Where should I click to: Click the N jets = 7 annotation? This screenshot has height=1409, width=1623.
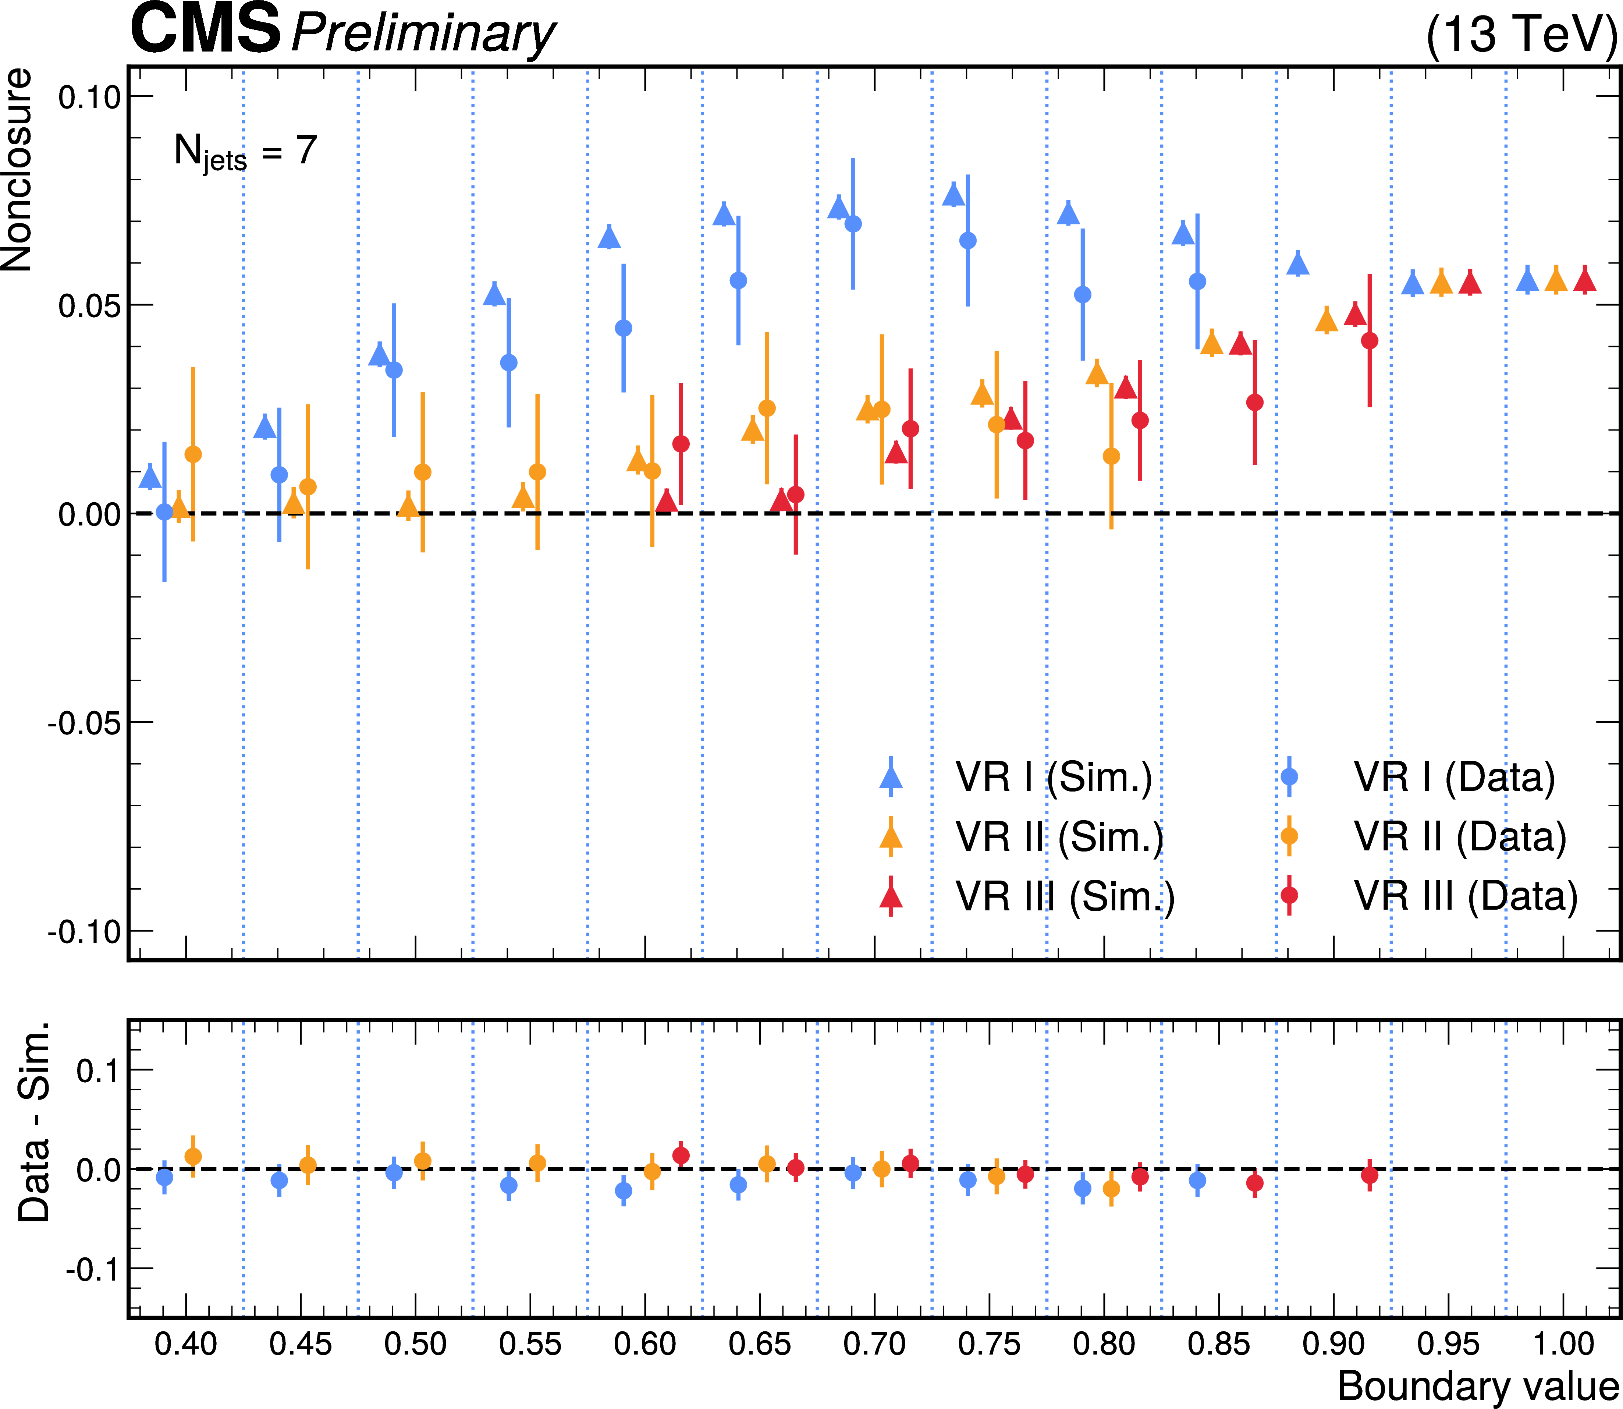point(245,151)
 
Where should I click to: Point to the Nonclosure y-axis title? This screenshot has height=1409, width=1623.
point(17,170)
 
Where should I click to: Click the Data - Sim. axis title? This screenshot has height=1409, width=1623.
point(35,1122)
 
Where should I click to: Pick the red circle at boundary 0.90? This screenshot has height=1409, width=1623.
point(1369,340)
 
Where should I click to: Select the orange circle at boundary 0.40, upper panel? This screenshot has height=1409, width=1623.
point(192,454)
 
